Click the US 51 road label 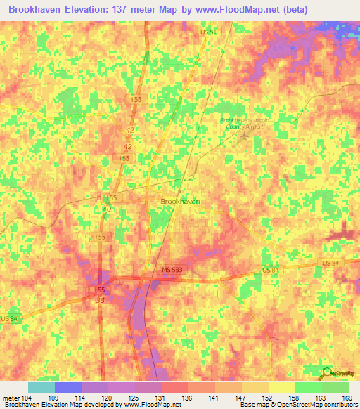point(205,32)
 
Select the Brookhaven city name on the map point(180,201)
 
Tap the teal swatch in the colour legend point(41,388)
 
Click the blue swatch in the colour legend point(67,388)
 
